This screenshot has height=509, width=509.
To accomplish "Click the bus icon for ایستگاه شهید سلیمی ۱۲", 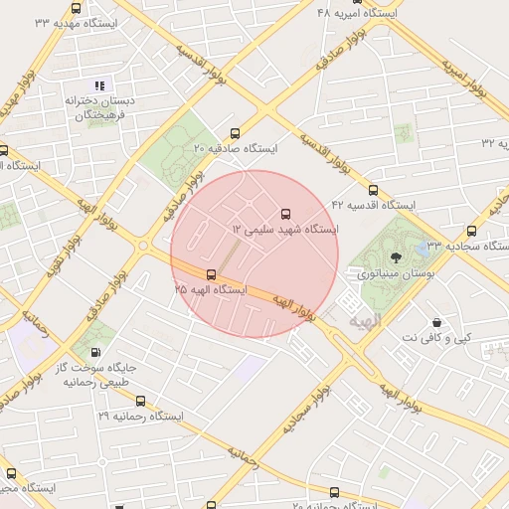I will click(286, 213).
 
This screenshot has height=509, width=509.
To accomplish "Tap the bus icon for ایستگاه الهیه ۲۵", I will click(211, 274).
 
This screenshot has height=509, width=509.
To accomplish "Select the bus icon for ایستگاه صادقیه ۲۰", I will click(235, 133).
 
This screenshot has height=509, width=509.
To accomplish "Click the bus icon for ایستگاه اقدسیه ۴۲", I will click(373, 190).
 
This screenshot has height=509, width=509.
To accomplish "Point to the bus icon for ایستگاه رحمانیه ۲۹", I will click(140, 402).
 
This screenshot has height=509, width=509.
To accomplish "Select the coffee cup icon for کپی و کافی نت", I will click(436, 322).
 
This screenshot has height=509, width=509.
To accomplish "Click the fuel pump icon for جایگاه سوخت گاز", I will click(94, 351).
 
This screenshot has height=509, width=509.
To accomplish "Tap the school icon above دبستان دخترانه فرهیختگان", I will click(98, 85).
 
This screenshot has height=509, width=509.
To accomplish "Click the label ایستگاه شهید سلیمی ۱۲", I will click(285, 229).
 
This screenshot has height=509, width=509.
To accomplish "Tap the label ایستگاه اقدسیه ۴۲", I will click(373, 205).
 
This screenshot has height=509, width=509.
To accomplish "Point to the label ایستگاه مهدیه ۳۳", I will click(76, 21).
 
